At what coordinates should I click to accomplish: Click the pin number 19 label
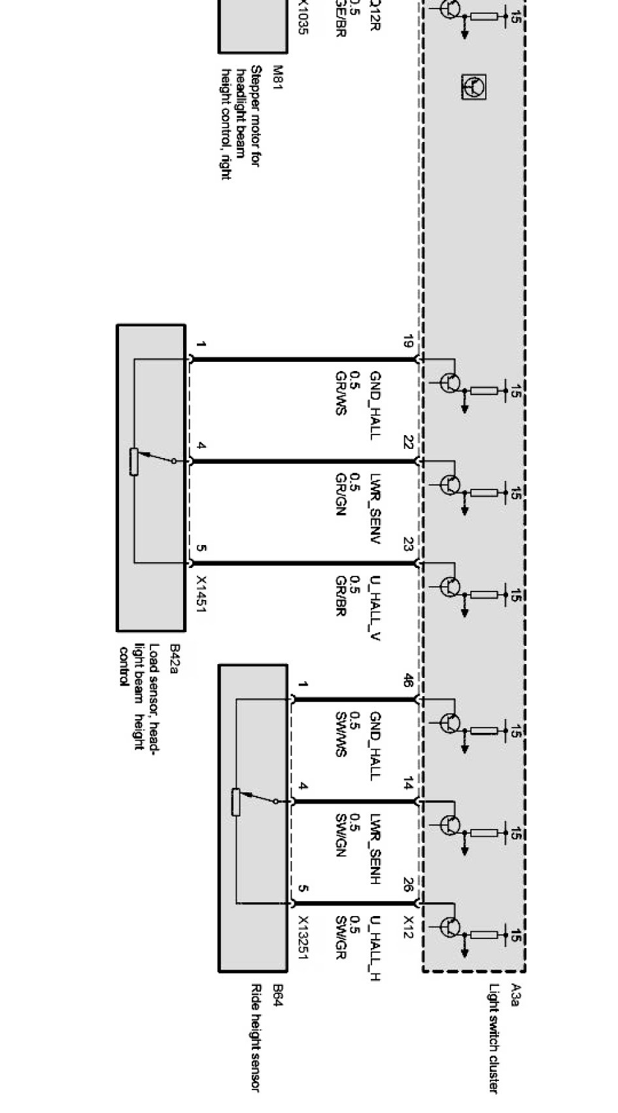[x=407, y=342]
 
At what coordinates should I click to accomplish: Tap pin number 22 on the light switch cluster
[x=407, y=443]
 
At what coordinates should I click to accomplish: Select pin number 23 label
[x=407, y=544]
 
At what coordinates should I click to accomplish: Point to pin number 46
[x=407, y=681]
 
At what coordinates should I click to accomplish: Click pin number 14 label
[x=407, y=783]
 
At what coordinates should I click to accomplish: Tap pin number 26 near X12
[x=407, y=885]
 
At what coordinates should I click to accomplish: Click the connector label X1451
[x=201, y=594]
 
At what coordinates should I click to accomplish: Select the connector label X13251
[x=302, y=937]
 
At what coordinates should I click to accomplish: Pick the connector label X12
[x=407, y=926]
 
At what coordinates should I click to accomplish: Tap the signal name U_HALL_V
[x=375, y=607]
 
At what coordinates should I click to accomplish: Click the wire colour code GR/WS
[x=339, y=393]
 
